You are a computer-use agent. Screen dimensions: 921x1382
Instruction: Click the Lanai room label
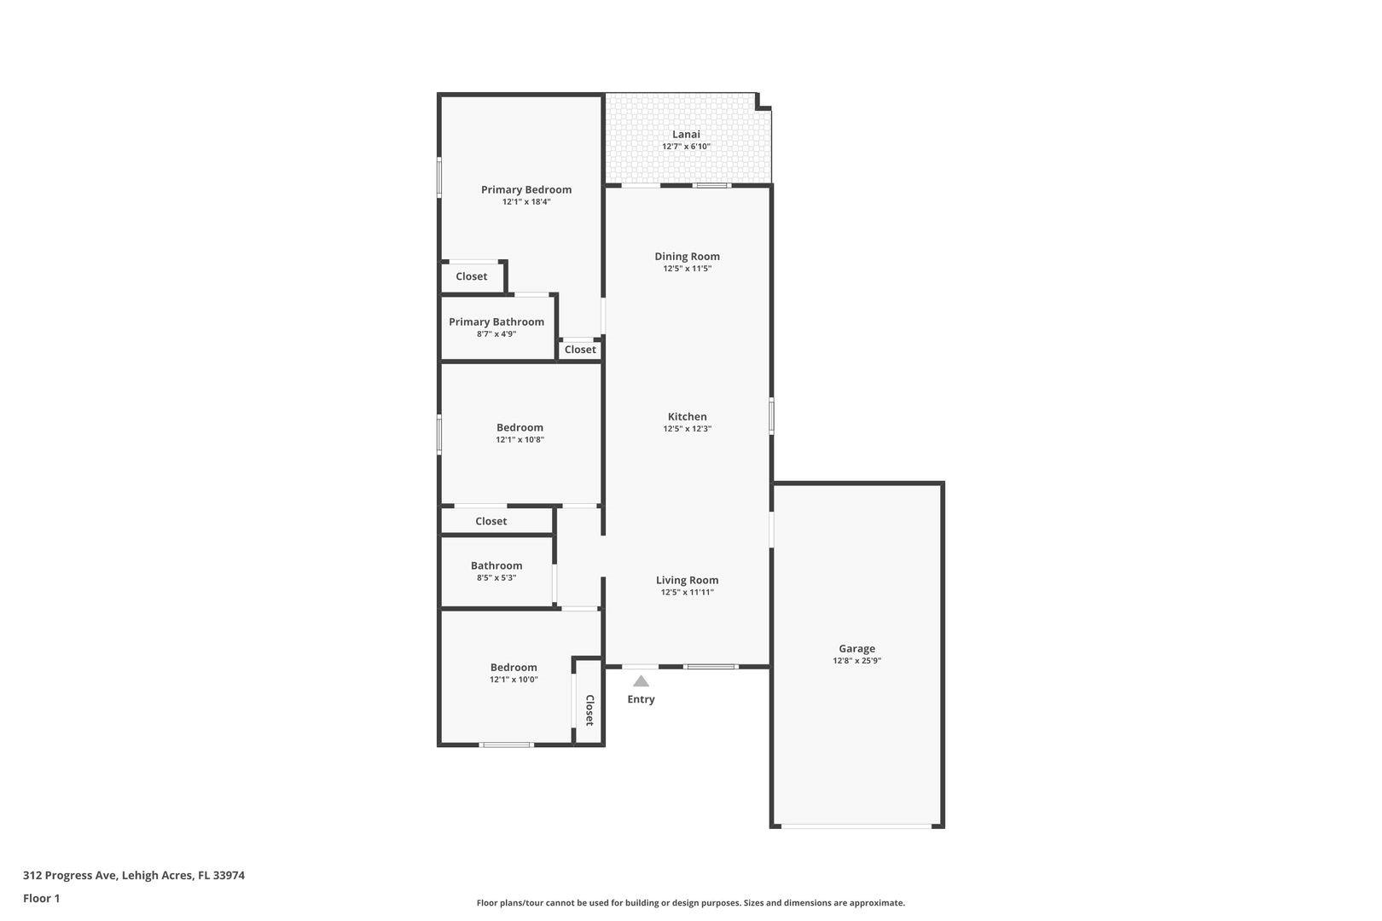coord(686,134)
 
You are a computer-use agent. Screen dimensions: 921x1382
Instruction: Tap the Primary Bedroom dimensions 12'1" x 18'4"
coord(526,202)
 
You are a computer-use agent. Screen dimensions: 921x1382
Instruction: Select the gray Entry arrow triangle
coord(641,681)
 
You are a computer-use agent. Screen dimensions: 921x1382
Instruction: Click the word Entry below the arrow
coord(641,699)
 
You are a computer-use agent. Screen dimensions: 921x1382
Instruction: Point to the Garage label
coord(856,648)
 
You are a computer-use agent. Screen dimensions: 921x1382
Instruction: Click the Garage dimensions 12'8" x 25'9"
coord(856,661)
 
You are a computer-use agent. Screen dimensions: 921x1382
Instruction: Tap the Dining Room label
coord(687,256)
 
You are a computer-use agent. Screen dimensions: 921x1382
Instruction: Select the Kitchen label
coord(687,416)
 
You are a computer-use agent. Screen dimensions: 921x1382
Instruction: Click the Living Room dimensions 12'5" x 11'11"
coord(687,593)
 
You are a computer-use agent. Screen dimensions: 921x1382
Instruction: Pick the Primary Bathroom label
coord(496,321)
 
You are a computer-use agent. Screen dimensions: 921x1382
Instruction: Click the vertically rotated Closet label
coord(589,710)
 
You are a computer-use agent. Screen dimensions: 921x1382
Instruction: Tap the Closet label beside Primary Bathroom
coord(580,350)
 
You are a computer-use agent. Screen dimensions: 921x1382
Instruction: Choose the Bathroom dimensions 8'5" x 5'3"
coord(496,578)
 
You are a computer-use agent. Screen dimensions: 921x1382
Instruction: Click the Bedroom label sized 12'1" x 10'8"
coord(520,427)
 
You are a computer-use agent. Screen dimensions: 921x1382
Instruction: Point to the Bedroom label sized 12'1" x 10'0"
coord(514,667)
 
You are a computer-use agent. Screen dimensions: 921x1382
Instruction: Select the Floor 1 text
coord(41,898)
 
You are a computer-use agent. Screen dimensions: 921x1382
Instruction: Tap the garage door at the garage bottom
coord(856,825)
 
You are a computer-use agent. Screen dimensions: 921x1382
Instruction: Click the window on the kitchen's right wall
coord(771,416)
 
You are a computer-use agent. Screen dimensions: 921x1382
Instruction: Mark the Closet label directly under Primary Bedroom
coord(471,276)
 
